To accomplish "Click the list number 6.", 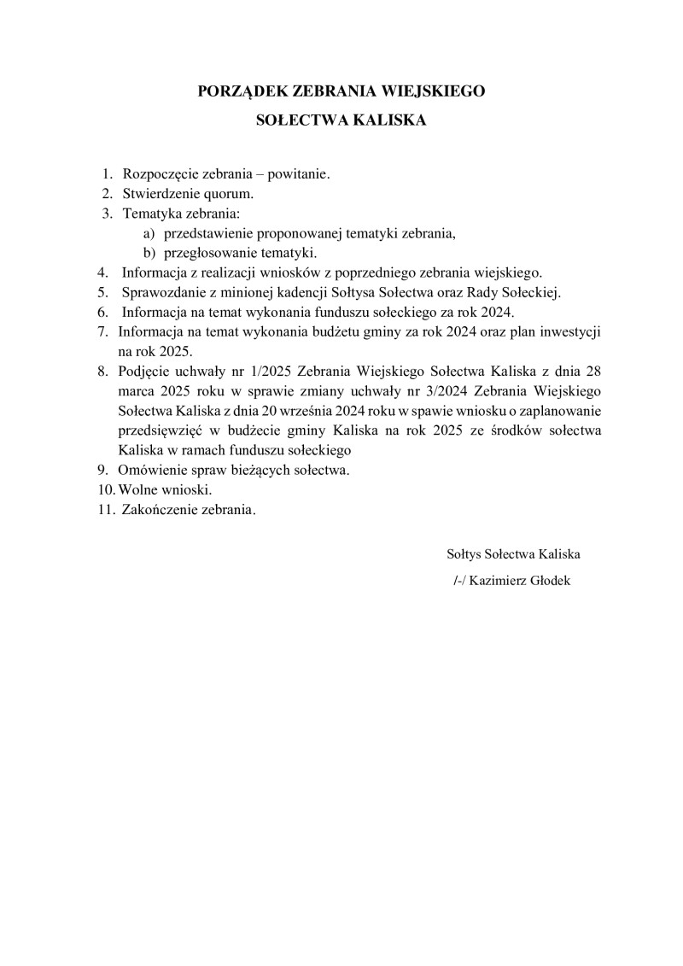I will pos(102,313).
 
